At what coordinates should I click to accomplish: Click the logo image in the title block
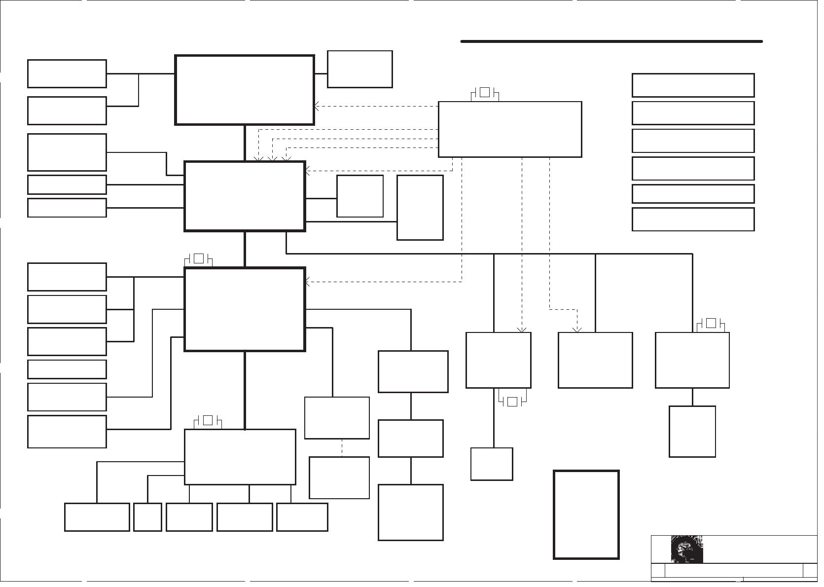(686, 549)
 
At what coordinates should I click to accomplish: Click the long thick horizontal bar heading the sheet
(611, 41)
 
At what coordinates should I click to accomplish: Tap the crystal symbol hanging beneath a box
(512, 402)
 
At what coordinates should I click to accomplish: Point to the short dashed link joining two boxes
(342, 447)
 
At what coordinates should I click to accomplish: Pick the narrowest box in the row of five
(147, 517)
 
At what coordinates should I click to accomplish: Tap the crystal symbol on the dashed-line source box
(485, 92)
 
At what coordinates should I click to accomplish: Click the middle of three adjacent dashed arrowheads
(272, 159)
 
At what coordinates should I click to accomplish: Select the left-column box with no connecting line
(67, 369)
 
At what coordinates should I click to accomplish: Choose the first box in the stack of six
(693, 85)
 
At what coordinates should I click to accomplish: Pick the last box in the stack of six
(693, 219)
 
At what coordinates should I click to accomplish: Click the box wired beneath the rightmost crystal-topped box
(692, 431)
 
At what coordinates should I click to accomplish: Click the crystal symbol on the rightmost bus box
(711, 324)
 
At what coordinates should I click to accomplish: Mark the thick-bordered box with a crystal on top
(245, 309)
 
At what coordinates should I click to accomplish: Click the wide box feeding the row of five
(240, 457)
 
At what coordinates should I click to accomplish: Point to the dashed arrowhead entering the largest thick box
(317, 106)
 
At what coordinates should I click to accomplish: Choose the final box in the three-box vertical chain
(410, 512)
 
